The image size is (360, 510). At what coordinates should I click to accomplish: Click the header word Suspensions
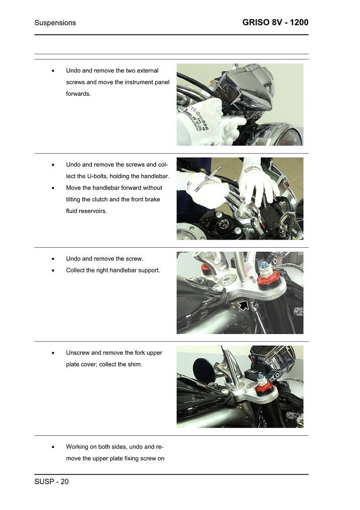55,23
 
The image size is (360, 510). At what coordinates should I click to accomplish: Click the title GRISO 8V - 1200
275,23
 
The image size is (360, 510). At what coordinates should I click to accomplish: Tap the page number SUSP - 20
51,482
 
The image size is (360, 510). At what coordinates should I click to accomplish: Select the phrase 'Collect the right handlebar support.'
113,270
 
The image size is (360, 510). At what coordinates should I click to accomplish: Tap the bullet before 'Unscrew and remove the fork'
53,353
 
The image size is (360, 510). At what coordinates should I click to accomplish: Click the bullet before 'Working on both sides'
53,447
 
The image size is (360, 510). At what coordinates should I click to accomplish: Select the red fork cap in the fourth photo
262,389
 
